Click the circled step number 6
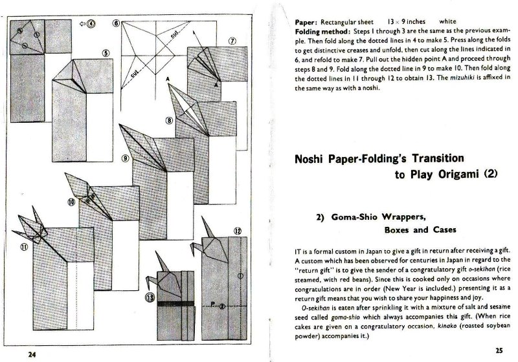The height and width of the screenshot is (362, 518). pos(116,23)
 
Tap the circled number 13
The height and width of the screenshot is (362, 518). pos(150,298)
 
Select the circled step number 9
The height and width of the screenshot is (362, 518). pos(125,158)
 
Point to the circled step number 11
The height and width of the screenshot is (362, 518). pos(24,247)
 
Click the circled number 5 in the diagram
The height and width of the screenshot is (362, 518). pos(106,53)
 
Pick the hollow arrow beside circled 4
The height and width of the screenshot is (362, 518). pos(82,24)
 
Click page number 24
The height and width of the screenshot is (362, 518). pos(32,354)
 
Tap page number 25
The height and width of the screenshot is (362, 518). pos(499,350)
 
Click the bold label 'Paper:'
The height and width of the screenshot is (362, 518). pos(306,23)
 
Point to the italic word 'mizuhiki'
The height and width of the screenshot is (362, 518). pos(462,78)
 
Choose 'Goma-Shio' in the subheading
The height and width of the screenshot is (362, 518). pos(354,217)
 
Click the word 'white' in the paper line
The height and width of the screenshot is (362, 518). pos(447,22)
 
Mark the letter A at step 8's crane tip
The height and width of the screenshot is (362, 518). pos(168,79)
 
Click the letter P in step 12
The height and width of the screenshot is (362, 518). pos(212,304)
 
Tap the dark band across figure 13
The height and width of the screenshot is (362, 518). pos(175,304)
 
